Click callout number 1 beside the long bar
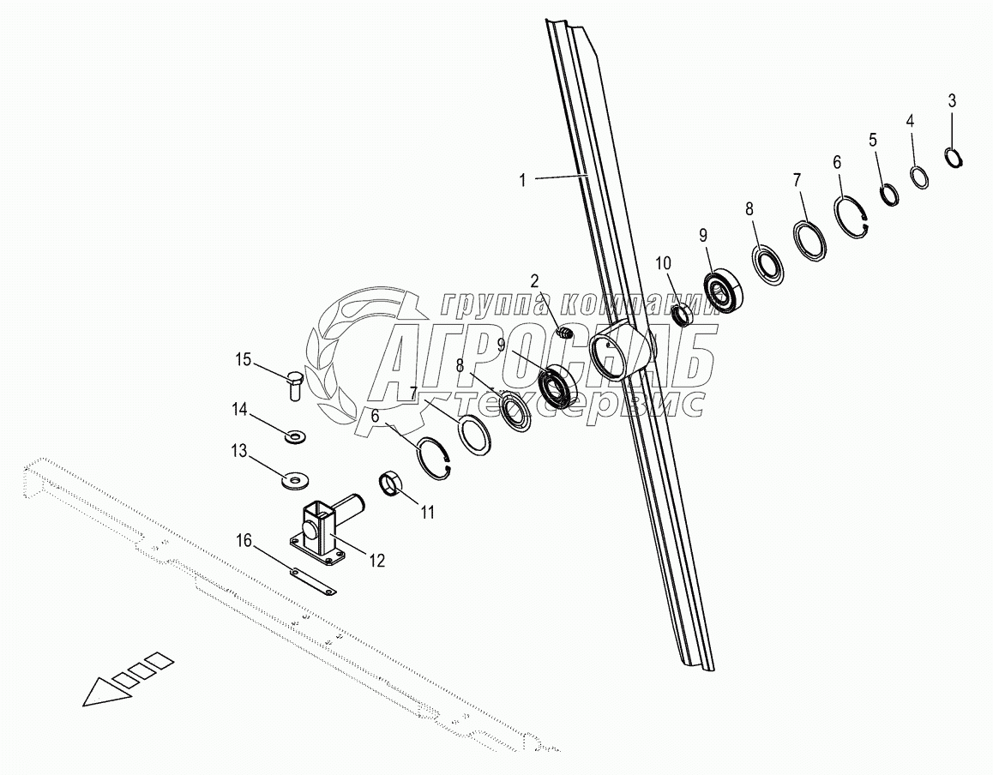click(521, 180)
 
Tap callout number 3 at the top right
click(952, 100)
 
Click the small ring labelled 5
click(889, 195)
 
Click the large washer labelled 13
click(294, 477)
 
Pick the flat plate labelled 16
click(312, 581)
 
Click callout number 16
click(244, 540)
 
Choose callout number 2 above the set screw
click(534, 280)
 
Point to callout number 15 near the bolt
click(244, 359)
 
